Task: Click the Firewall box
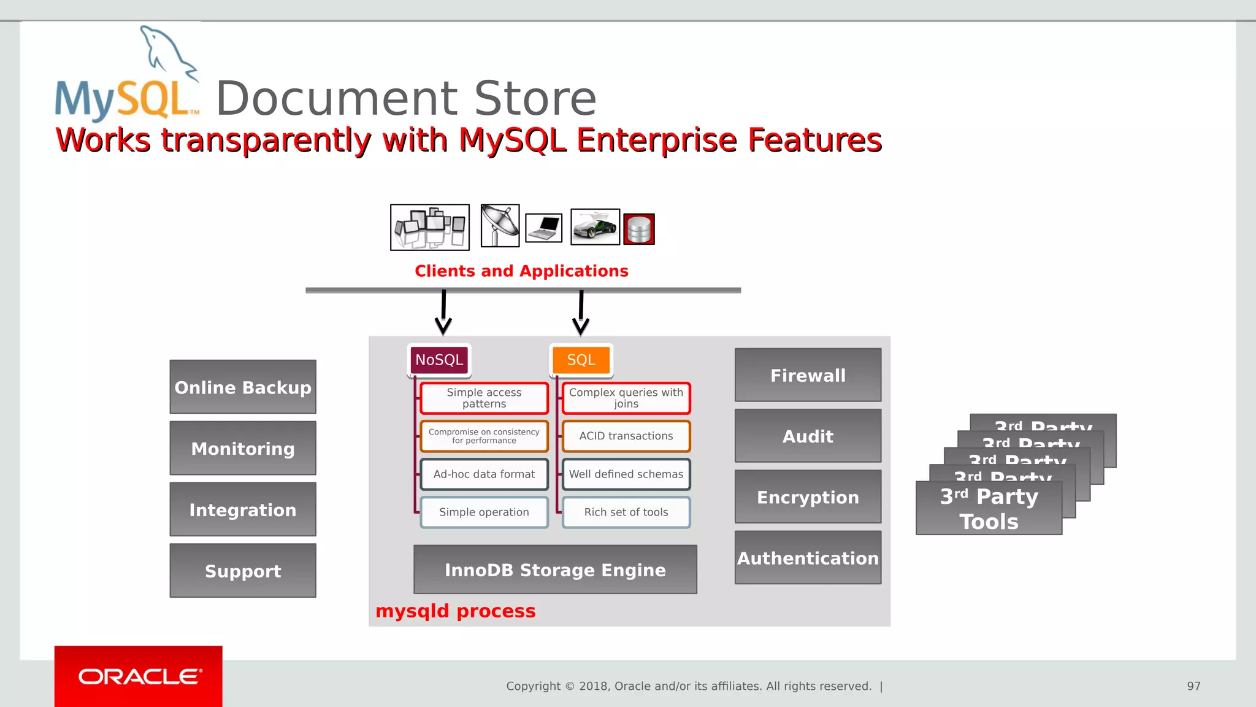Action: click(x=808, y=375)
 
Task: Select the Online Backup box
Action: click(x=243, y=387)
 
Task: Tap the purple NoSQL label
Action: click(x=439, y=360)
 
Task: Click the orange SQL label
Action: click(x=581, y=360)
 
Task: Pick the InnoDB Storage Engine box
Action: click(x=555, y=570)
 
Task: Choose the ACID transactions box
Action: click(x=626, y=436)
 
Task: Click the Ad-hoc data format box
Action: click(x=484, y=474)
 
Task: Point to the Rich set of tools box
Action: click(x=626, y=512)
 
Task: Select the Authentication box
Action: click(x=808, y=558)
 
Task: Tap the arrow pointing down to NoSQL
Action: click(x=443, y=314)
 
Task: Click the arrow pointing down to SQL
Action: click(x=581, y=314)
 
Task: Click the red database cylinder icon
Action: click(x=639, y=230)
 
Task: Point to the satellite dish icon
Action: click(x=500, y=226)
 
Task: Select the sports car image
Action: click(x=595, y=227)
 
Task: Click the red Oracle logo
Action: click(x=139, y=676)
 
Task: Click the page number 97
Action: click(x=1193, y=686)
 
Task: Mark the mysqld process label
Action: click(x=456, y=611)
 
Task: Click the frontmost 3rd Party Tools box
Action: click(x=989, y=508)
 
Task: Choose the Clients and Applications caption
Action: click(x=521, y=271)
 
